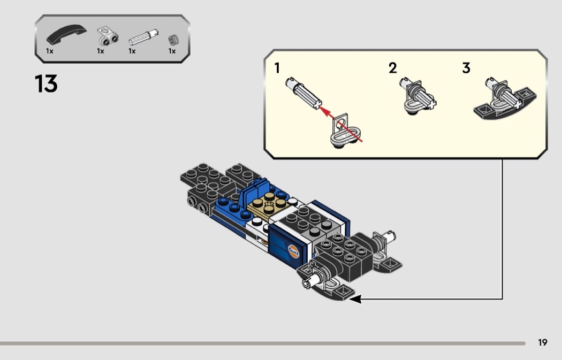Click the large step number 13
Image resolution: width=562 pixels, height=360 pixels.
tap(46, 84)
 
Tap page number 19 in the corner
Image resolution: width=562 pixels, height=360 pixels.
tap(543, 343)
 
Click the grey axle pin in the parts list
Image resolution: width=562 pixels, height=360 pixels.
tap(142, 38)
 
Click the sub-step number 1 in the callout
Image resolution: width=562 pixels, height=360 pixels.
tap(277, 68)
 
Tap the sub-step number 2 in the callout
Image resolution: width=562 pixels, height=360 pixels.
tap(393, 68)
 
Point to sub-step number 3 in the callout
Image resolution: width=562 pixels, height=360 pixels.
tap(466, 68)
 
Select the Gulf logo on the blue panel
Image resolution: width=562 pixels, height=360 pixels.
tap(294, 250)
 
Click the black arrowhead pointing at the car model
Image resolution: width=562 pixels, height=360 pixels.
tap(355, 299)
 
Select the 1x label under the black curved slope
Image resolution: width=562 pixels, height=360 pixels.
tap(50, 51)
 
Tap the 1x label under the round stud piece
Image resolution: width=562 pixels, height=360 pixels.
tap(172, 51)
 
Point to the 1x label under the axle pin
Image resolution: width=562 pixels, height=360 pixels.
tap(132, 51)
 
